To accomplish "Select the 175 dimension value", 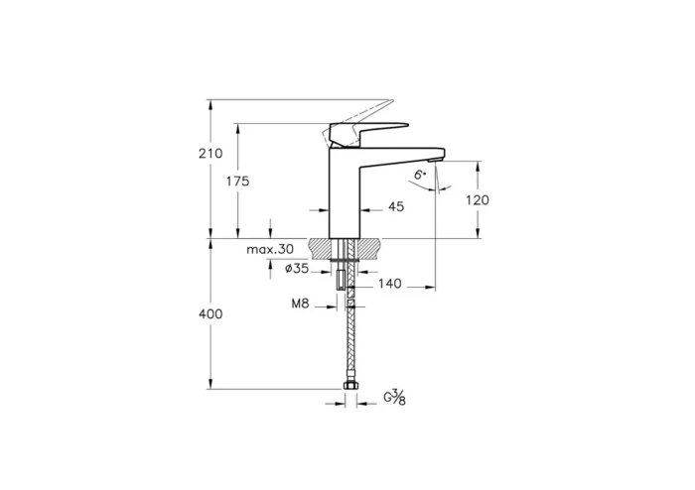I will [236, 182].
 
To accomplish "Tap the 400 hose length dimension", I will [209, 313].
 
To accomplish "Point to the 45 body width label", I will [395, 208].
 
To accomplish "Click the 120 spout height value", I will [477, 199].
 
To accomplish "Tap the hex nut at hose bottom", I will [348, 386].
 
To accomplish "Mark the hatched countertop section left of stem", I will [324, 246].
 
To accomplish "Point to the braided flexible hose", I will [348, 337].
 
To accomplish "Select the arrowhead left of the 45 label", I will [324, 209].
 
